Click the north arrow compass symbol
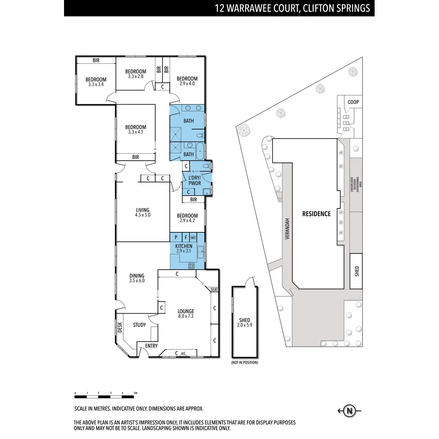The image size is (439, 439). tap(350, 410)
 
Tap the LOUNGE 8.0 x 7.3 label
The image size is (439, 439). tap(186, 314)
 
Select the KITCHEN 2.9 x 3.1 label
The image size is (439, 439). tap(184, 248)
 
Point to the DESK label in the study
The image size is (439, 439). tap(120, 327)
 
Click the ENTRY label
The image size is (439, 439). tap(151, 346)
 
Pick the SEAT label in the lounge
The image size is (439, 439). tap(214, 289)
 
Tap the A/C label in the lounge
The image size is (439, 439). tap(183, 353)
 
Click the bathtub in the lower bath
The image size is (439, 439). tap(200, 151)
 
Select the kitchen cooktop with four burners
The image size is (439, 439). tap(191, 266)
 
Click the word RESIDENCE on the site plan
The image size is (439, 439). tap(316, 214)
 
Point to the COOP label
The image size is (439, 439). tap(353, 102)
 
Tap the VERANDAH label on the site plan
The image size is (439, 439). tap(288, 229)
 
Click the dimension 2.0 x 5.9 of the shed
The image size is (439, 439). tap(245, 325)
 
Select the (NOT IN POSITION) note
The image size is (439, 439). tap(244, 363)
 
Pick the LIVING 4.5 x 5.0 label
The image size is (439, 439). tap(143, 213)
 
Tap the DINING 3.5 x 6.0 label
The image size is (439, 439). tap(137, 278)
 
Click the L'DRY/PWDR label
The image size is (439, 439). tap(195, 180)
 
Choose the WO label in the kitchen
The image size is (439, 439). tap(193, 238)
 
